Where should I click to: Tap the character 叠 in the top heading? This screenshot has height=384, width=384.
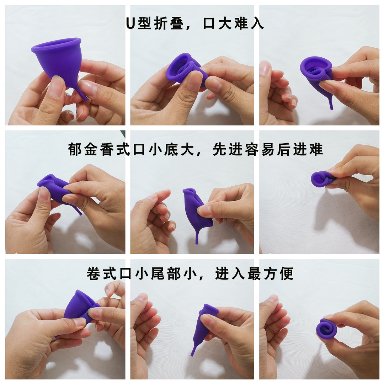point(177,24)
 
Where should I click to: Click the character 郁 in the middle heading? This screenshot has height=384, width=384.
point(75,150)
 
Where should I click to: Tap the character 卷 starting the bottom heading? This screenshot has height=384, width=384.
point(93,274)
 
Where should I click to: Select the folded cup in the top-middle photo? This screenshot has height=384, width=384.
point(183,69)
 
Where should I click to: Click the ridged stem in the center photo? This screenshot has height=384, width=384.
point(197,236)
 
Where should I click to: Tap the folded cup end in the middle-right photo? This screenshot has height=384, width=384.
point(320,179)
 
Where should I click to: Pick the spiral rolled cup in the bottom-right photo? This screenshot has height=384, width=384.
point(326,329)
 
